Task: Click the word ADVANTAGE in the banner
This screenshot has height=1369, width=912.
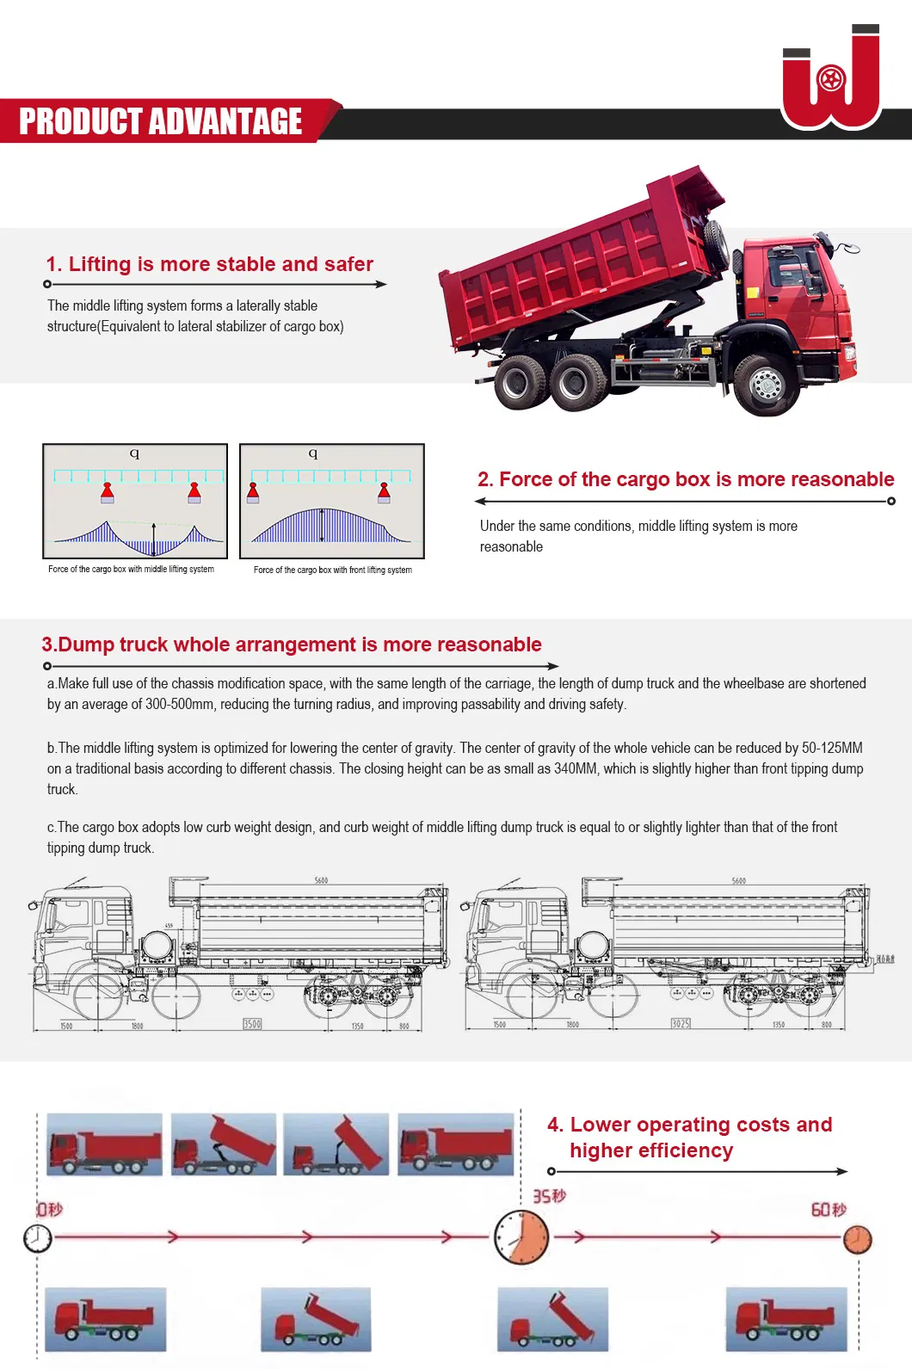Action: [x=226, y=121]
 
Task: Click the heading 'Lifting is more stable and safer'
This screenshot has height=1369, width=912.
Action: [x=210, y=264]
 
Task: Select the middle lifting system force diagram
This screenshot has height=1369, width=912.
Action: [x=135, y=502]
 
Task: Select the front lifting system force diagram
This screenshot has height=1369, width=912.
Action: [x=332, y=502]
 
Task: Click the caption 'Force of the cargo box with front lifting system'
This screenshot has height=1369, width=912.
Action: [x=332, y=570]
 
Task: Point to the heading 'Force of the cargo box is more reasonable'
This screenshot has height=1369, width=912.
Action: [x=686, y=479]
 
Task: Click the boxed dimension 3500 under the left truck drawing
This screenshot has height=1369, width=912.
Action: [x=252, y=1024]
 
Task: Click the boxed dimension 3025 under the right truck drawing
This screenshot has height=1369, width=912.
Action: [x=681, y=1024]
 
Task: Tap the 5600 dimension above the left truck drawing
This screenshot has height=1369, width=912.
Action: [x=321, y=880]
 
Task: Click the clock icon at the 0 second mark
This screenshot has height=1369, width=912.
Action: [x=37, y=1238]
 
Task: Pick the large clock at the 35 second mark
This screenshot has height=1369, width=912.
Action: [x=521, y=1237]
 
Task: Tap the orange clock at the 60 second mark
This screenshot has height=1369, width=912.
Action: [x=857, y=1240]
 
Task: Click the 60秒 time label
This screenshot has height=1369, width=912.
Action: [x=828, y=1210]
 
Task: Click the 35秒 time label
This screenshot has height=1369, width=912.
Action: [x=549, y=1196]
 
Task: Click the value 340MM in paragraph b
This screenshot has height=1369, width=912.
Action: [x=576, y=768]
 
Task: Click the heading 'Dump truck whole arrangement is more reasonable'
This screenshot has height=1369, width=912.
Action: [x=292, y=644]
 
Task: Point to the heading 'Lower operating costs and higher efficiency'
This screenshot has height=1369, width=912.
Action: [x=689, y=1137]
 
